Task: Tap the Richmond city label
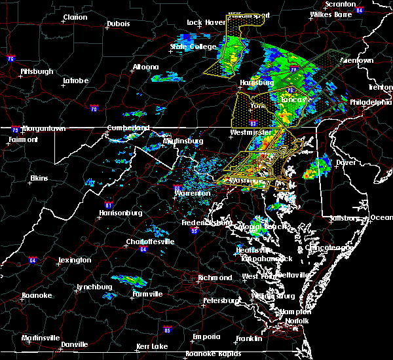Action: [x=215, y=278]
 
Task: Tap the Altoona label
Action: [x=145, y=67]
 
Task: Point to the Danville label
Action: [x=74, y=344]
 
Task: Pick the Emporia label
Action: [x=206, y=336]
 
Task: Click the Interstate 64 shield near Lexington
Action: [x=33, y=260]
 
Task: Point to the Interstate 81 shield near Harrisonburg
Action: [x=100, y=204]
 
